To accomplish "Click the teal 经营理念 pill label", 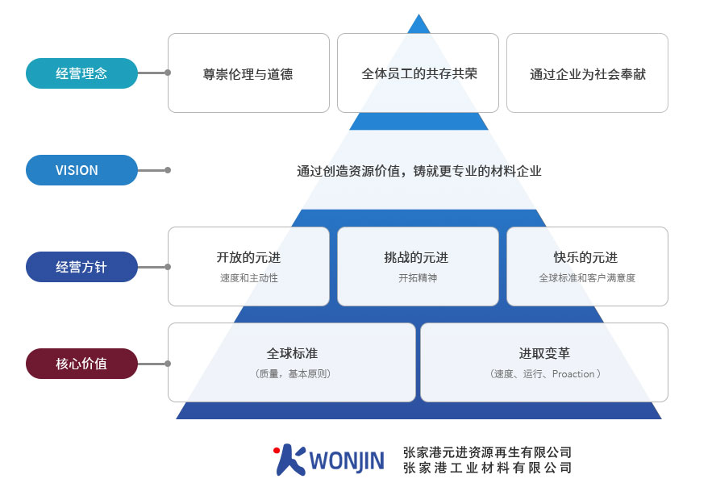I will pyautogui.click(x=81, y=73).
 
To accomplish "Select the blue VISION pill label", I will pyautogui.click(x=81, y=170).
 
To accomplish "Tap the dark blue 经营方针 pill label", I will pyautogui.click(x=81, y=267).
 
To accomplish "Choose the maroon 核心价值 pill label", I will pyautogui.click(x=81, y=364).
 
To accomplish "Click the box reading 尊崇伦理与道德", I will pyautogui.click(x=248, y=74).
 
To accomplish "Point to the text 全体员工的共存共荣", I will pyautogui.click(x=419, y=73).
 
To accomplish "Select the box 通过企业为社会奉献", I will pyautogui.click(x=587, y=74).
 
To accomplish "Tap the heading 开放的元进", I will pyautogui.click(x=248, y=258).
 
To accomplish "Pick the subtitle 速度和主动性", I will pyautogui.click(x=248, y=278).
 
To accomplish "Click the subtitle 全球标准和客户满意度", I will pyautogui.click(x=587, y=278).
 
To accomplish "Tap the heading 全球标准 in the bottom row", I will pyautogui.click(x=292, y=354).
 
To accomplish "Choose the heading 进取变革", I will pyautogui.click(x=544, y=354).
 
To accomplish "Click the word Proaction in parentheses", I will pyautogui.click(x=573, y=374).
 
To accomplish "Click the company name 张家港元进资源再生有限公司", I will pyautogui.click(x=487, y=452).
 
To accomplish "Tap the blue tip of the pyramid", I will pyautogui.click(x=418, y=24).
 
